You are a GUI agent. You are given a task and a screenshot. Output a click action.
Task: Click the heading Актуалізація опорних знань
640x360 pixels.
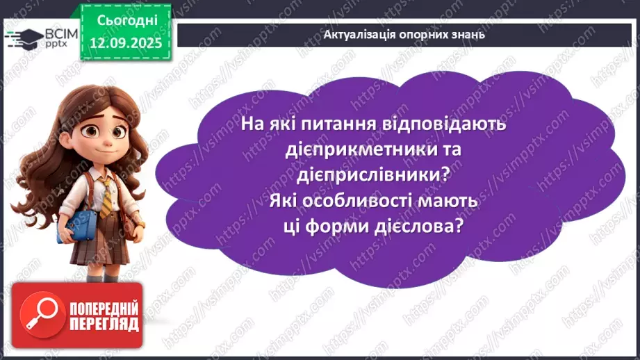404,33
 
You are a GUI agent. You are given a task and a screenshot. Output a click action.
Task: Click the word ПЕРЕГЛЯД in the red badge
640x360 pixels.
103,324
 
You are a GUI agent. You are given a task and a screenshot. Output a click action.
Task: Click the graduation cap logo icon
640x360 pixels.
19,37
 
